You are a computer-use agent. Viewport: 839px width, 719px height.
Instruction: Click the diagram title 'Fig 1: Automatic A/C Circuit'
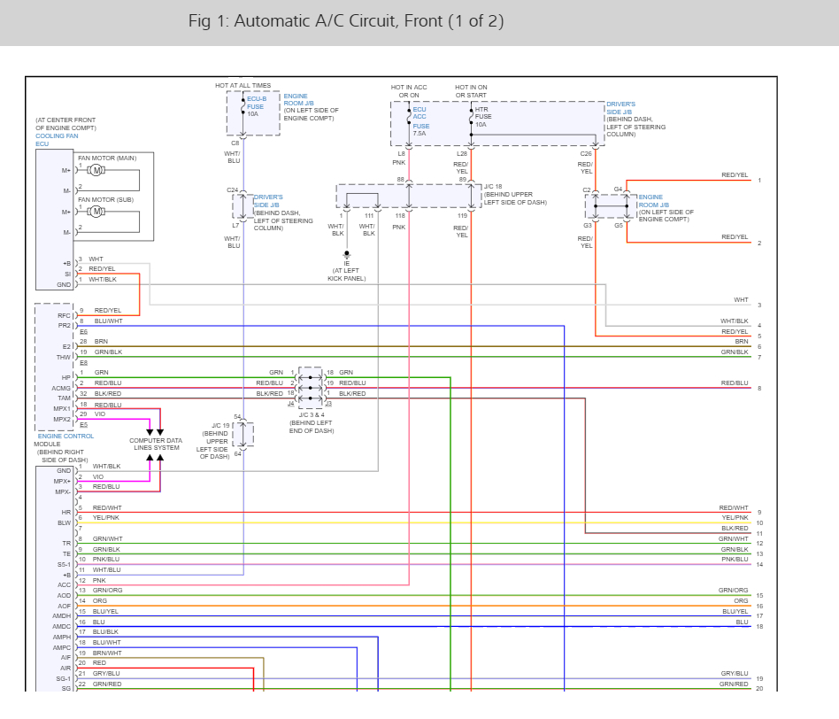pyautogui.click(x=346, y=21)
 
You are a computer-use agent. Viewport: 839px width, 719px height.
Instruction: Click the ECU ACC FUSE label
pyautogui.click(x=420, y=118)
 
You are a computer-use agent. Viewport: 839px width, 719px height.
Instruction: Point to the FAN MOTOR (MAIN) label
pyautogui.click(x=107, y=158)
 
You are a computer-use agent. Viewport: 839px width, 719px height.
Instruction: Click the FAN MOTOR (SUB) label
pyautogui.click(x=106, y=199)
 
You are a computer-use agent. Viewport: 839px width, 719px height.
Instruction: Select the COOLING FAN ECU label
pyautogui.click(x=57, y=140)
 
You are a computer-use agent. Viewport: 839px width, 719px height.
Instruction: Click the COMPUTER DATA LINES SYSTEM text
pyautogui.click(x=155, y=444)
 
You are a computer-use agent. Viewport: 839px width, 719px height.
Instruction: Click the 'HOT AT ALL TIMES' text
pyautogui.click(x=243, y=86)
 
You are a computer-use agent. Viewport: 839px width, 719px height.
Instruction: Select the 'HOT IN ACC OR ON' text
pyautogui.click(x=409, y=91)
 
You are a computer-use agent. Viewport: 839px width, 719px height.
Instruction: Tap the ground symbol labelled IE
pyautogui.click(x=347, y=255)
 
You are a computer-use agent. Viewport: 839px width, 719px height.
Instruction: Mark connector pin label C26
pyautogui.click(x=586, y=154)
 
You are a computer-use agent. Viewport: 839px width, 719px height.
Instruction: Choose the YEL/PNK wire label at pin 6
pyautogui.click(x=106, y=518)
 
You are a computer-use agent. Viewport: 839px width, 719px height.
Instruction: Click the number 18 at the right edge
pyautogui.click(x=759, y=627)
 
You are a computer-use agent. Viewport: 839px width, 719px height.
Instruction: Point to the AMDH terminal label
pyautogui.click(x=62, y=615)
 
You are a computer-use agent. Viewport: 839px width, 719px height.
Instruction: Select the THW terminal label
pyautogui.click(x=64, y=357)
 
